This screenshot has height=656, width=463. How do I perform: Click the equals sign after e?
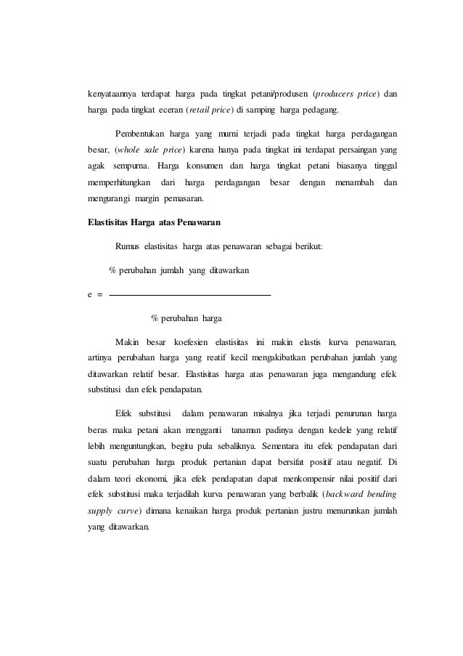(100, 295)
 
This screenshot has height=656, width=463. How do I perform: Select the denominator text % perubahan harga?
(187, 318)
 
